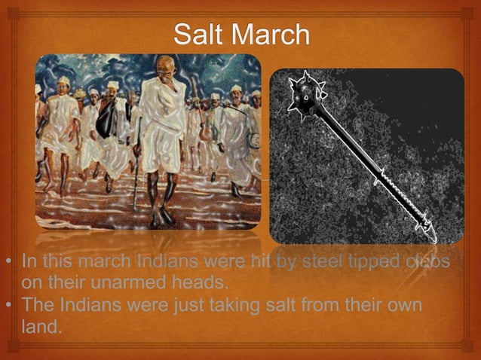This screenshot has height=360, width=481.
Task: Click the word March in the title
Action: click(x=274, y=34)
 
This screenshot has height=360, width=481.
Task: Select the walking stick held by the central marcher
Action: click(x=136, y=181)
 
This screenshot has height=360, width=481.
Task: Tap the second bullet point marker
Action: click(x=8, y=307)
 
